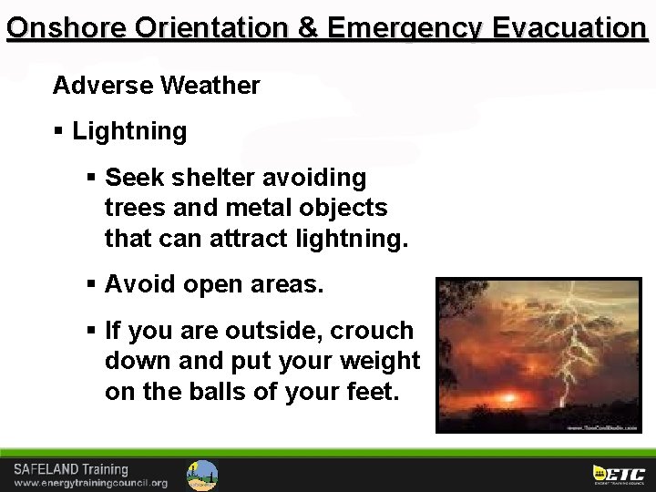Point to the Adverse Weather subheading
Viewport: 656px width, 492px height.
[x=156, y=86]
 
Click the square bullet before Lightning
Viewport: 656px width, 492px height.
[x=59, y=131]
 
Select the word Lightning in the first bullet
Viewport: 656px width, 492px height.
[x=129, y=131]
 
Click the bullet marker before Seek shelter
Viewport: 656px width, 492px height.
[x=92, y=177]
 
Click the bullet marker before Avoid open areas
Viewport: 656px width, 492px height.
[x=92, y=285]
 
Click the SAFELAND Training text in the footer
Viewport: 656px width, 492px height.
[x=71, y=469]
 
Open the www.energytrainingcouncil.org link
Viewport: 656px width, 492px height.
[x=90, y=483]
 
